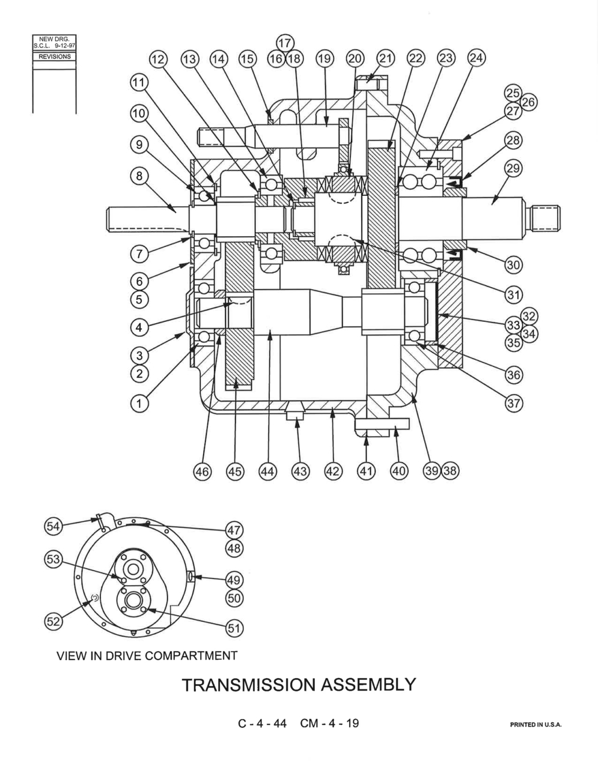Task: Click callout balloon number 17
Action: [285, 43]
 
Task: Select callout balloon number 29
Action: [513, 168]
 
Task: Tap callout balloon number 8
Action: [139, 176]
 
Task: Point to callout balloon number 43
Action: [301, 471]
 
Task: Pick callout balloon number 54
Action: [53, 526]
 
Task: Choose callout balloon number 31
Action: [513, 295]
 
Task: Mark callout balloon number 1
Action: [139, 404]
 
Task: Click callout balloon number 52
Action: [53, 622]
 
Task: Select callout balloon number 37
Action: [513, 404]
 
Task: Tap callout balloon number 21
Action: [385, 58]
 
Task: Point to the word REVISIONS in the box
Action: [55, 56]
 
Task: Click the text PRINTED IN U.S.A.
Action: [535, 724]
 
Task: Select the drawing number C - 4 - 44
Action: [262, 723]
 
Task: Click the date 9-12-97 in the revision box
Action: [65, 46]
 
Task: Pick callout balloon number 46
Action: [202, 471]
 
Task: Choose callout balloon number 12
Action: [159, 59]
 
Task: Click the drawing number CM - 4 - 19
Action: [329, 723]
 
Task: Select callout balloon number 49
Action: [234, 580]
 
